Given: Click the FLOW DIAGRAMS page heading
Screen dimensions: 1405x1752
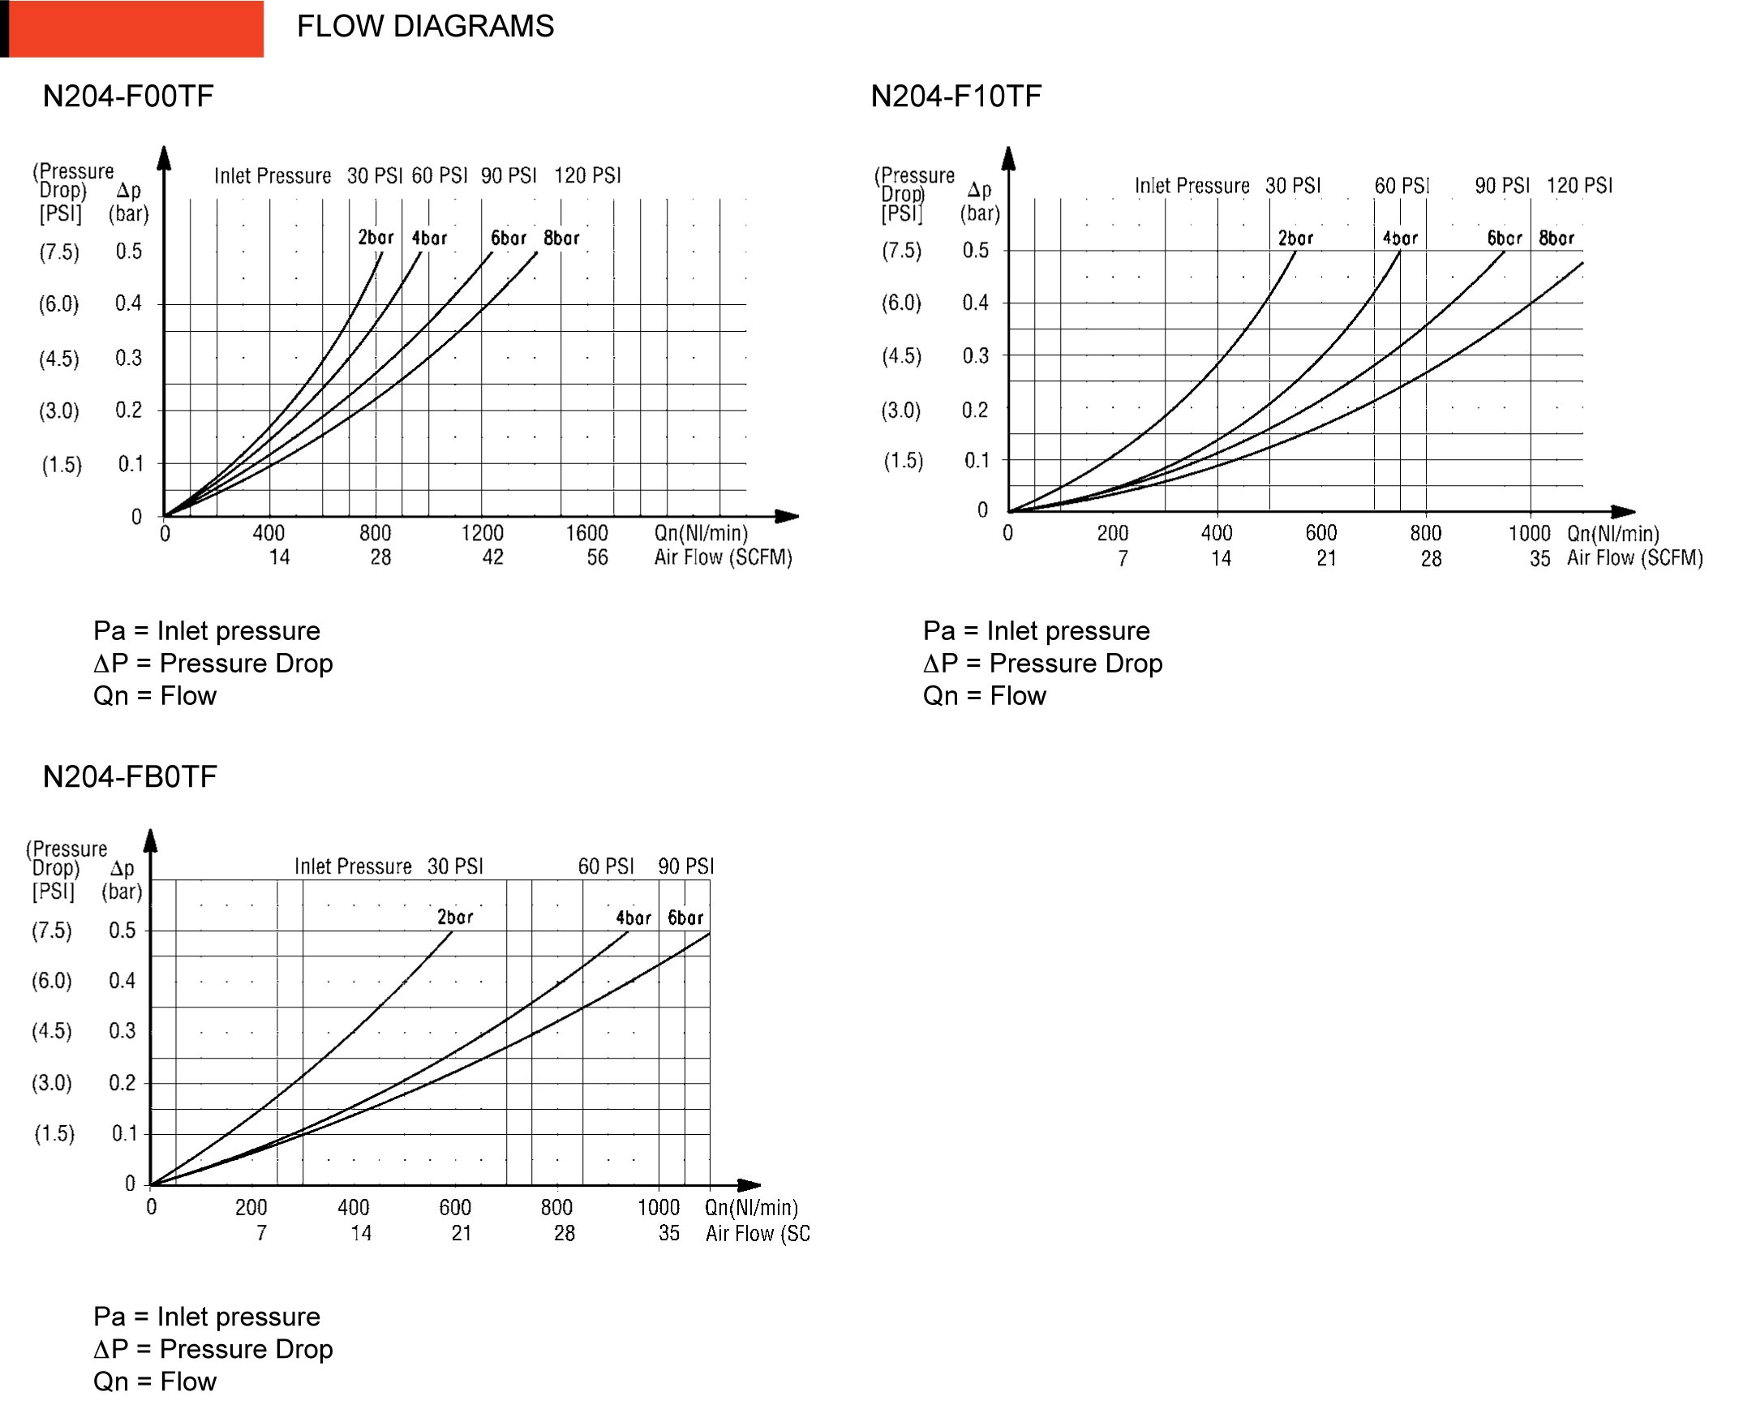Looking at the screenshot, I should [x=424, y=27].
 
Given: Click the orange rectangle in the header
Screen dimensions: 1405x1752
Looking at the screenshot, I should [x=135, y=28].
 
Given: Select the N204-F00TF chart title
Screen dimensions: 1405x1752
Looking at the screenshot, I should [x=127, y=97].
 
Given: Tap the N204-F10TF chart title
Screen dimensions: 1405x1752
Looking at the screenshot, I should [x=955, y=97].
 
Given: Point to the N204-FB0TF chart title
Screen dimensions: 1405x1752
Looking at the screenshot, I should [x=129, y=777].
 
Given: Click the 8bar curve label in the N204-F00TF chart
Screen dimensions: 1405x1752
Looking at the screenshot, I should [x=561, y=238].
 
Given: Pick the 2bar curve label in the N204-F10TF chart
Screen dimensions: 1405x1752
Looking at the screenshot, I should [x=1295, y=238].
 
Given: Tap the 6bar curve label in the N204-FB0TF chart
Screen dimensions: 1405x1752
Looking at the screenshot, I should [x=685, y=917].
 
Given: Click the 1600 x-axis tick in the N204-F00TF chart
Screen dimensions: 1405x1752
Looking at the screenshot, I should [x=586, y=533].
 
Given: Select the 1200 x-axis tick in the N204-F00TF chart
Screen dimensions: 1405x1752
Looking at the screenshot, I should [x=483, y=533].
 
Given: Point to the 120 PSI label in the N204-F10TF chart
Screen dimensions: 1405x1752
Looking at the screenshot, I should [x=1579, y=186].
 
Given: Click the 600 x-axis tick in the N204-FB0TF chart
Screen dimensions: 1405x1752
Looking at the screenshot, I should [x=455, y=1208].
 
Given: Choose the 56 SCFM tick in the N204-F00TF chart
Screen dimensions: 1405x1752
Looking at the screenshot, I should [x=597, y=557].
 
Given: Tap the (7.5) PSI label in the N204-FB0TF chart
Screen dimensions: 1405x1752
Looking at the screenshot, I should [x=52, y=930].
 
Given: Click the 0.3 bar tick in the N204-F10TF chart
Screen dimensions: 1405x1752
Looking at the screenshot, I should [x=975, y=356].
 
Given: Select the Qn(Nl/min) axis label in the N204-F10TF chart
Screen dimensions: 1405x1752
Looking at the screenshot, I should [x=1613, y=533].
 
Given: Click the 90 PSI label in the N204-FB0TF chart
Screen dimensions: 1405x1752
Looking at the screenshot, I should [x=686, y=866].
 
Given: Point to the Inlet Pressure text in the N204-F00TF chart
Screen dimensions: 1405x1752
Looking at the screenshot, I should [x=273, y=176].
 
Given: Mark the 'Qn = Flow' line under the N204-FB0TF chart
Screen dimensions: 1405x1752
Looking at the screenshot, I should [x=154, y=1381].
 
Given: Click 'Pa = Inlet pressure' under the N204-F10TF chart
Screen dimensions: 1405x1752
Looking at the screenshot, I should [x=1036, y=630].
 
